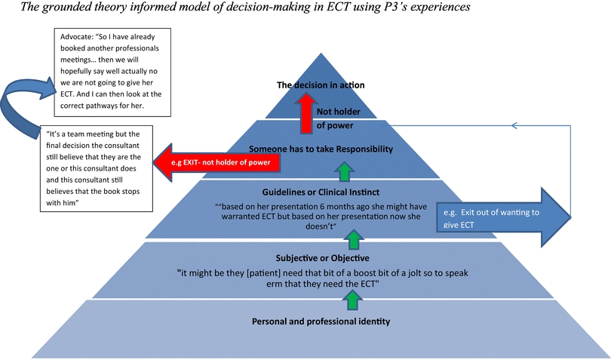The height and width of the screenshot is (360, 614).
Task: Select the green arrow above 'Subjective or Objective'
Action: tap(352, 239)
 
